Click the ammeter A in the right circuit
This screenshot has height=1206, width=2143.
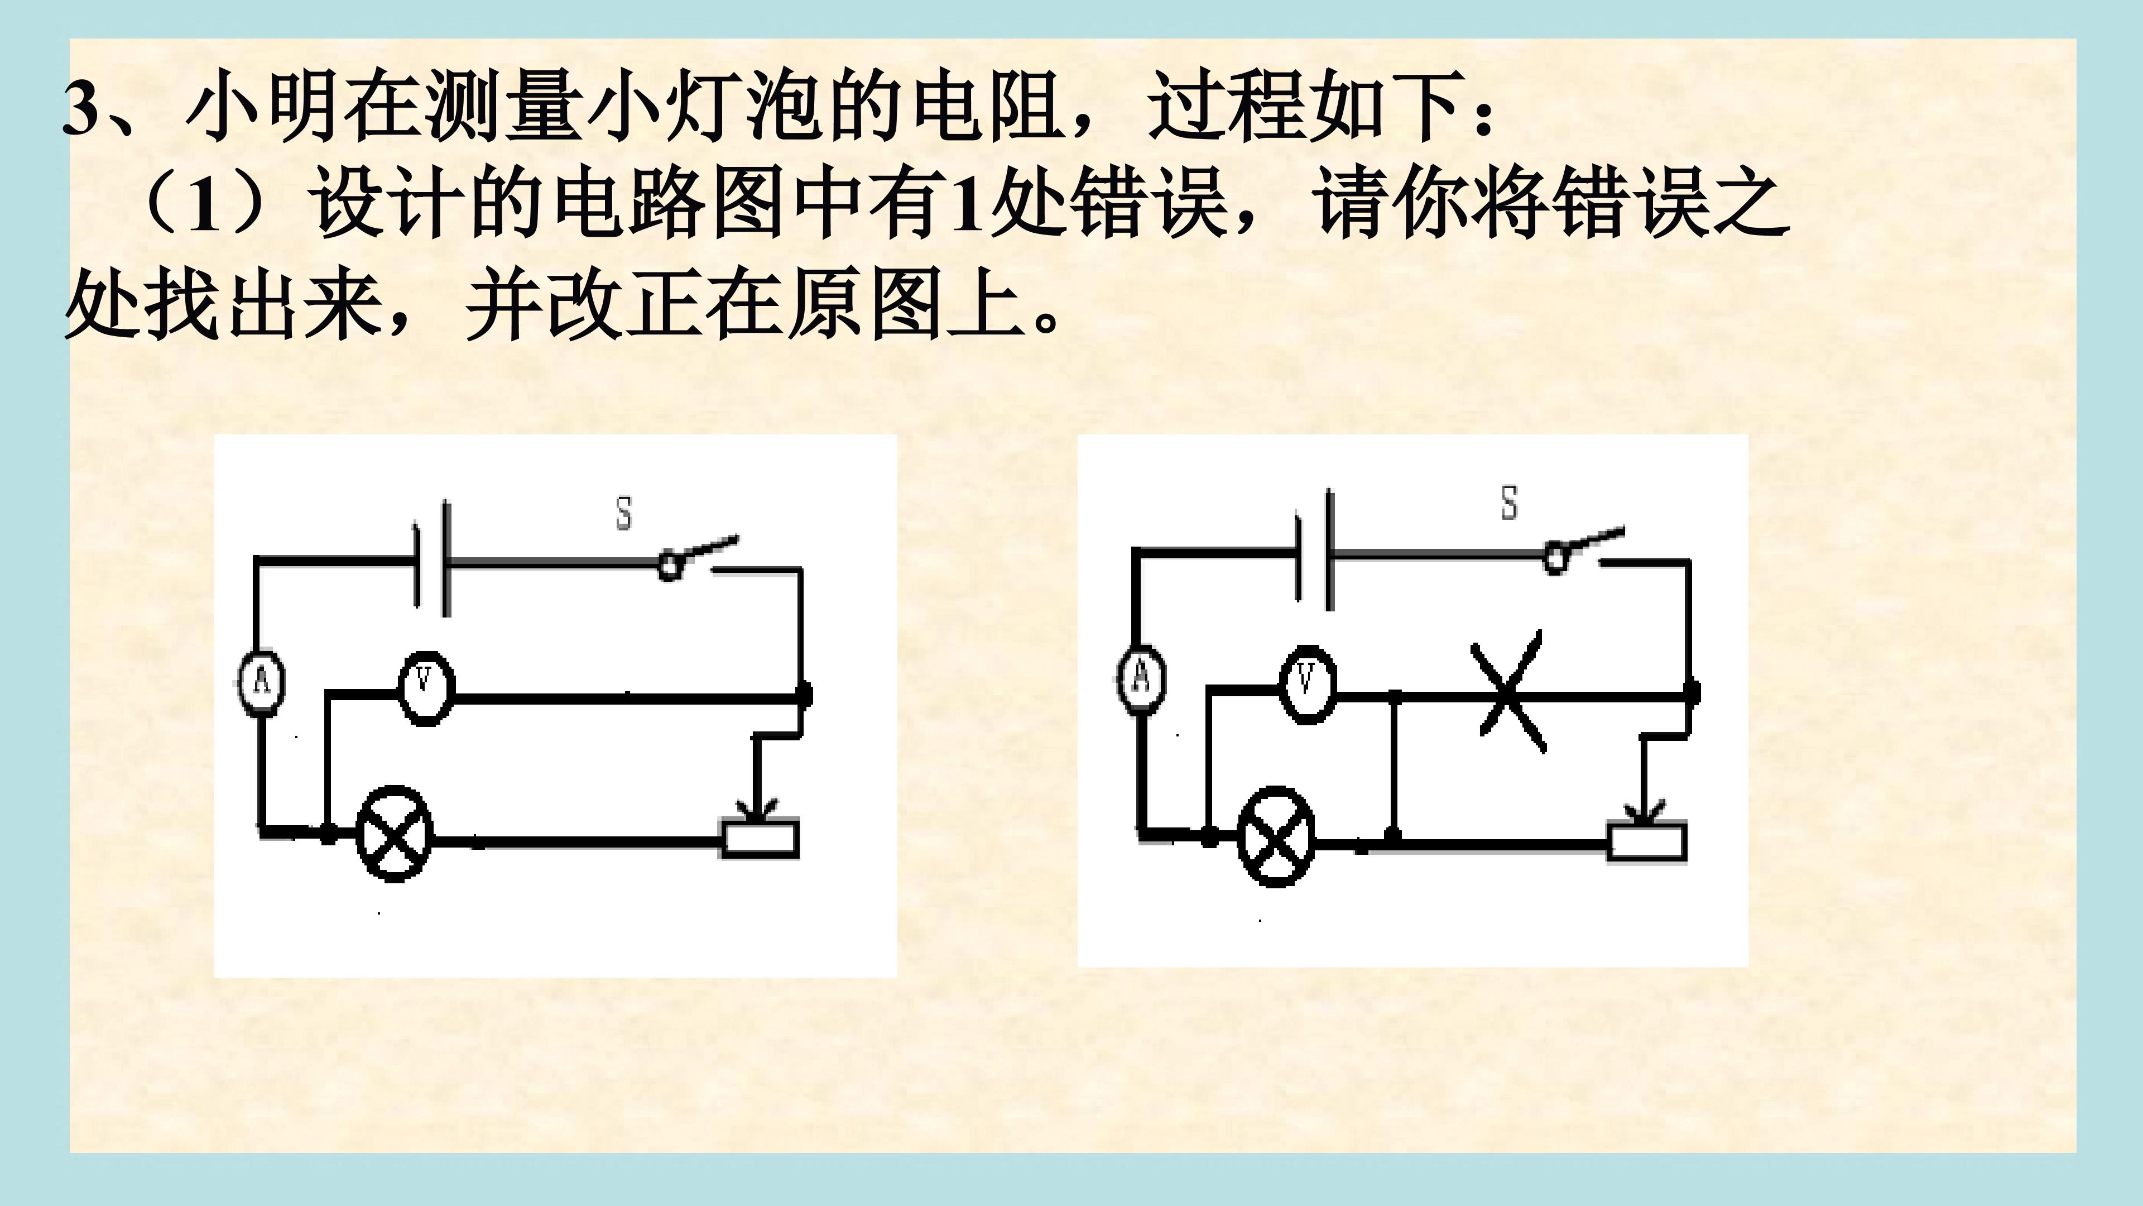(1141, 678)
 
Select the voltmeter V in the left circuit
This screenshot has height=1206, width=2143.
(426, 687)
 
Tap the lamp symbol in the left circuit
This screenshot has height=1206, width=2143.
(395, 833)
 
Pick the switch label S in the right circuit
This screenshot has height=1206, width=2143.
(1508, 504)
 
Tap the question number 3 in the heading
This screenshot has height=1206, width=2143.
(81, 109)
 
